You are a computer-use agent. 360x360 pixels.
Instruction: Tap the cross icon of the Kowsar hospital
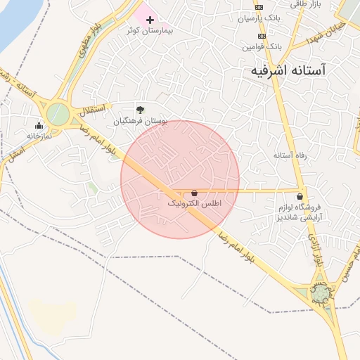click(x=149, y=20)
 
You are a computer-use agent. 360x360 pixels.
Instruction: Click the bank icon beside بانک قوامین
click(x=262, y=36)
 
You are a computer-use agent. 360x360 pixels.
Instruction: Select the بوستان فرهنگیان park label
click(x=141, y=121)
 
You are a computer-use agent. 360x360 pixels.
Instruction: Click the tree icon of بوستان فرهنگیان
click(x=141, y=109)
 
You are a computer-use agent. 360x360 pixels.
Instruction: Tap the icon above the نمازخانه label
click(x=39, y=126)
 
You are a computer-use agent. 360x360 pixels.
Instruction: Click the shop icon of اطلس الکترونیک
click(x=194, y=192)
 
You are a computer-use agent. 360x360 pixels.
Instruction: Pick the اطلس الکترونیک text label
click(x=194, y=203)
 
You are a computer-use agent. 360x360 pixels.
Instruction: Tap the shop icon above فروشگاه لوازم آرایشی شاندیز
click(x=301, y=196)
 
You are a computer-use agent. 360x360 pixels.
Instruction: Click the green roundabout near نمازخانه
click(x=58, y=114)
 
